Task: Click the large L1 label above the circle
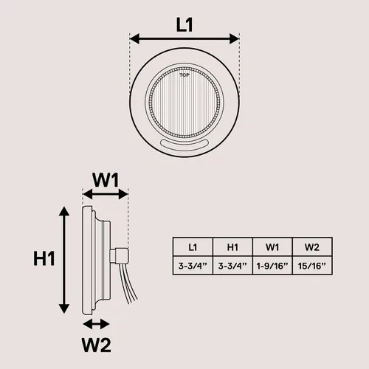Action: point(184,25)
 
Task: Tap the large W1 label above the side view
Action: point(106,180)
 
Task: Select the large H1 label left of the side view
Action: point(44,259)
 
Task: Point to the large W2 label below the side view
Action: point(96,345)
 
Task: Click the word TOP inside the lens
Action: point(184,75)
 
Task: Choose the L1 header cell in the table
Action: point(193,247)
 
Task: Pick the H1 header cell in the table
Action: point(232,247)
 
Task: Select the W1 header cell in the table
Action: point(272,247)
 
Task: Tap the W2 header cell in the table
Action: point(312,247)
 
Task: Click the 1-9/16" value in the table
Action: point(272,266)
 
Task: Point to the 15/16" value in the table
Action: point(312,266)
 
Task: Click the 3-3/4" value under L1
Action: point(193,266)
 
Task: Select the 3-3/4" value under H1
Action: point(232,266)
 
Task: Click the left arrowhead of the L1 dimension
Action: point(134,38)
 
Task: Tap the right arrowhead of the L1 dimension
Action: point(235,38)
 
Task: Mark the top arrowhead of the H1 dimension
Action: point(64,211)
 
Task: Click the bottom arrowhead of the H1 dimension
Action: point(64,308)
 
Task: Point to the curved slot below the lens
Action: point(184,145)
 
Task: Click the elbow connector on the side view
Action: point(120,256)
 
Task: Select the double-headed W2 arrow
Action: point(96,324)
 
